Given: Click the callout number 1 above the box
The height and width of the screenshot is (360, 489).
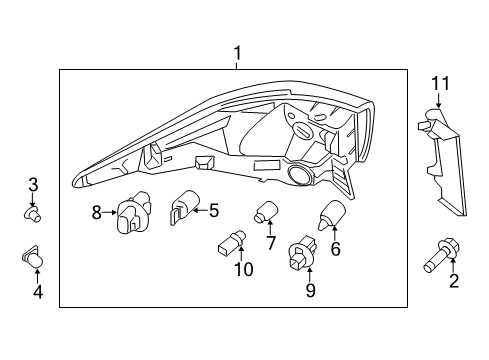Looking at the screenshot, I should [237, 52].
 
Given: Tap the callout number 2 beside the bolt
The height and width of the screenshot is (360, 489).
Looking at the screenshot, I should [453, 283].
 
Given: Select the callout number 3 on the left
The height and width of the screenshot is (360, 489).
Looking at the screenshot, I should [33, 184].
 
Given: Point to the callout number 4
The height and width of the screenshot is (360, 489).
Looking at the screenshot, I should [38, 292].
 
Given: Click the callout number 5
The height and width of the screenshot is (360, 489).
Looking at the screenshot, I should [213, 210].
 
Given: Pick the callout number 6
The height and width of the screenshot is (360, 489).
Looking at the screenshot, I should [335, 249].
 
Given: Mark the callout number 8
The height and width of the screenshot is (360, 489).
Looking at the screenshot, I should [97, 211].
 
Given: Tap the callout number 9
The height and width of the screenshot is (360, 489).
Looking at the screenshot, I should [310, 290].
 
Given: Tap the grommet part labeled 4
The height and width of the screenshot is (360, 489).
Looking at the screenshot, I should [33, 259].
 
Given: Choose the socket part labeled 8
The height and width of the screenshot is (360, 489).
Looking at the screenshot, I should [130, 213].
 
